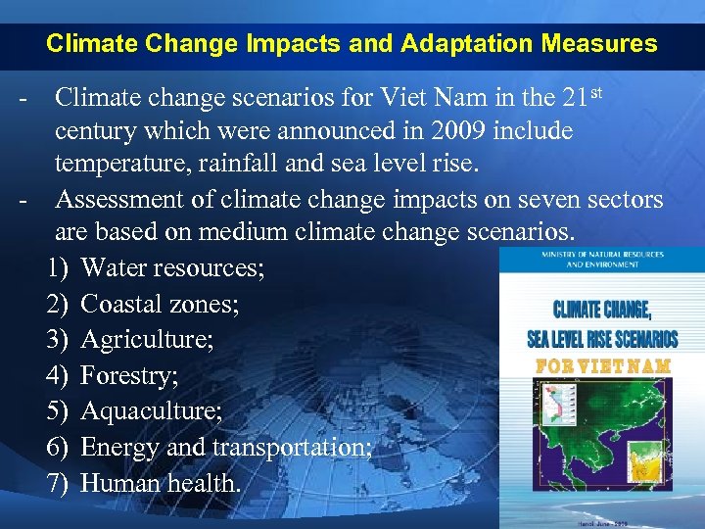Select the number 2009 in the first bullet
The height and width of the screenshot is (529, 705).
(x=458, y=130)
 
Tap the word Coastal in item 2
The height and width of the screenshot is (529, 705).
(x=119, y=305)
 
